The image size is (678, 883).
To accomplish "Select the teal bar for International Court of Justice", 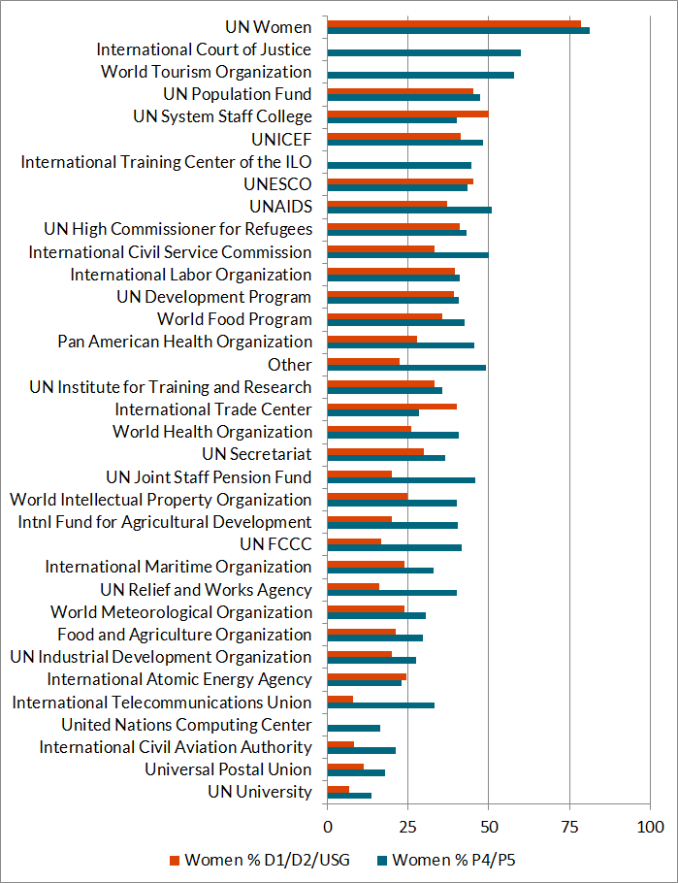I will (424, 52).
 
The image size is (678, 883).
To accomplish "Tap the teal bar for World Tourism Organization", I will (421, 75).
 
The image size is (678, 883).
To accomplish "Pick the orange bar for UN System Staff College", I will (407, 114).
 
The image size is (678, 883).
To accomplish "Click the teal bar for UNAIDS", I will (409, 210).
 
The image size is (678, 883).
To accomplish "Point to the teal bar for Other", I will (406, 368).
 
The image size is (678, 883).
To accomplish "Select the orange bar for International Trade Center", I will (392, 407).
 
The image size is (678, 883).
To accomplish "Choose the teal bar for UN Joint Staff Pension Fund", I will (402, 480).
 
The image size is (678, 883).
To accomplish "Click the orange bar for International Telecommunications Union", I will (340, 700).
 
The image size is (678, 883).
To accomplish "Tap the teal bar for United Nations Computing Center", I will (354, 728).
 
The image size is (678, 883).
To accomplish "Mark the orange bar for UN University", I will (339, 789).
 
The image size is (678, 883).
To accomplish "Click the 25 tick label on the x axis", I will (408, 827).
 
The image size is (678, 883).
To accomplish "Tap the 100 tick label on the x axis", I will (650, 827).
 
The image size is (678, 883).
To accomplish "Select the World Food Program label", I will (235, 319).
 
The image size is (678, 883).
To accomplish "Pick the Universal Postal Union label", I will (228, 769).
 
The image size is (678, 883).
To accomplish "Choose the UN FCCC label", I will (275, 544).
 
